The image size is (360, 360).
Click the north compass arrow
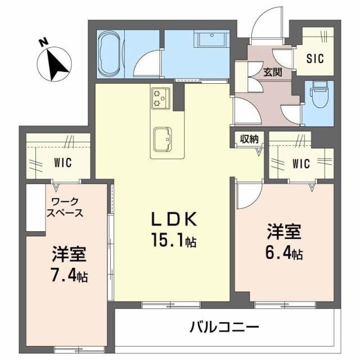pos(57,62)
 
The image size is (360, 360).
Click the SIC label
pos(314,57)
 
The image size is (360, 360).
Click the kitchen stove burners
pos(160,97)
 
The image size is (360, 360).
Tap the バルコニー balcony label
pos(224,326)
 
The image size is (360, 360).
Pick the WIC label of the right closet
pos(301,164)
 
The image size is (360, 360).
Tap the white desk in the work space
pos(34,209)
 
